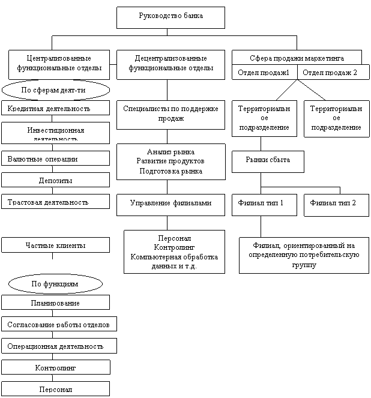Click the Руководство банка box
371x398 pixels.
[170, 17]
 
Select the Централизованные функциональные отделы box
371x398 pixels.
[59, 64]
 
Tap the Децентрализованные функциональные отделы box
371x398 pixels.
[170, 64]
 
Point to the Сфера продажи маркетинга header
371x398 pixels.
[297, 58]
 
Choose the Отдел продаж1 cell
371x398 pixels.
[264, 73]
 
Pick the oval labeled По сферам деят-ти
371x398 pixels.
[56, 90]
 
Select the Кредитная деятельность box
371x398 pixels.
[55, 108]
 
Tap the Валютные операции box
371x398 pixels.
[55, 159]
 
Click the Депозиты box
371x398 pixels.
[55, 180]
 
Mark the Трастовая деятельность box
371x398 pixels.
[55, 202]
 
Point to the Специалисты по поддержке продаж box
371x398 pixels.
[170, 114]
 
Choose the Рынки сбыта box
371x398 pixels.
[268, 160]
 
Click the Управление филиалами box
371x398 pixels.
[170, 204]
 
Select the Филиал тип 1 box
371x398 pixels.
[264, 204]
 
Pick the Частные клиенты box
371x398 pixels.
[55, 245]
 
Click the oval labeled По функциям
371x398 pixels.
[55, 283]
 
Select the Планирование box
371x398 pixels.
[55, 303]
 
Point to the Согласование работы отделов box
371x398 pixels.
[58, 324]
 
